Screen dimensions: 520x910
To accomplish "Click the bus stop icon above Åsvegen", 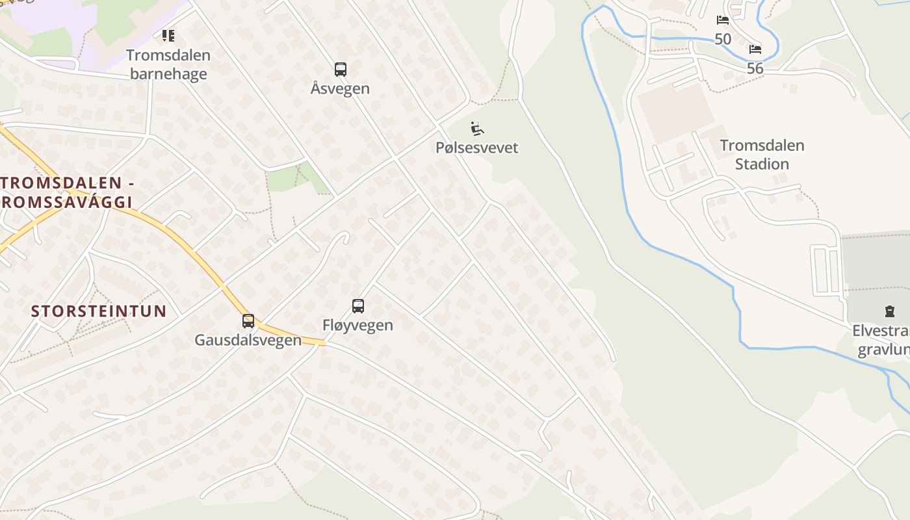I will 340,70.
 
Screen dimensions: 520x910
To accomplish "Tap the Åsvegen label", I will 340,88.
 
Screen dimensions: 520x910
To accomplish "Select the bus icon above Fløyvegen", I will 357,306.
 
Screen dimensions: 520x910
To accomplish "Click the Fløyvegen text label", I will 357,325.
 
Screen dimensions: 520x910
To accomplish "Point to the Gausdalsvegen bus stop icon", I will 248,320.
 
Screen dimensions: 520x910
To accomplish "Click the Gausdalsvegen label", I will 248,340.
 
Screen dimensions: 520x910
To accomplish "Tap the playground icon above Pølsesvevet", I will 477,129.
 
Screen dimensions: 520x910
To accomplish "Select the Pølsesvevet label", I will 477,148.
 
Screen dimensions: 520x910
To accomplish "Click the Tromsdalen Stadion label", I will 762,155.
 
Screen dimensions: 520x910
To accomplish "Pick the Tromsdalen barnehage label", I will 168,64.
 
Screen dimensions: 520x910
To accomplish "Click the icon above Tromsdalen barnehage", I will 168,35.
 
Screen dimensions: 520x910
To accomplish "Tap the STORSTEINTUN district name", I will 99,311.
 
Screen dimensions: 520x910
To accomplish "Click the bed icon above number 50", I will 722,20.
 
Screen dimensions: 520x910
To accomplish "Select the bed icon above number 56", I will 755,49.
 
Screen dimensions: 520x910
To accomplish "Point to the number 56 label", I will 755,68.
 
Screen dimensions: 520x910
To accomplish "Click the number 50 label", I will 723,39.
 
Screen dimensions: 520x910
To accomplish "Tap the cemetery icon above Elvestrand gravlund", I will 889,311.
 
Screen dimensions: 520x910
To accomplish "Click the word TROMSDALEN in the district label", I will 62,183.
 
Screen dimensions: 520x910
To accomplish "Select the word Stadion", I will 762,164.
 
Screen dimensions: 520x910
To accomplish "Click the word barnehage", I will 168,73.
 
